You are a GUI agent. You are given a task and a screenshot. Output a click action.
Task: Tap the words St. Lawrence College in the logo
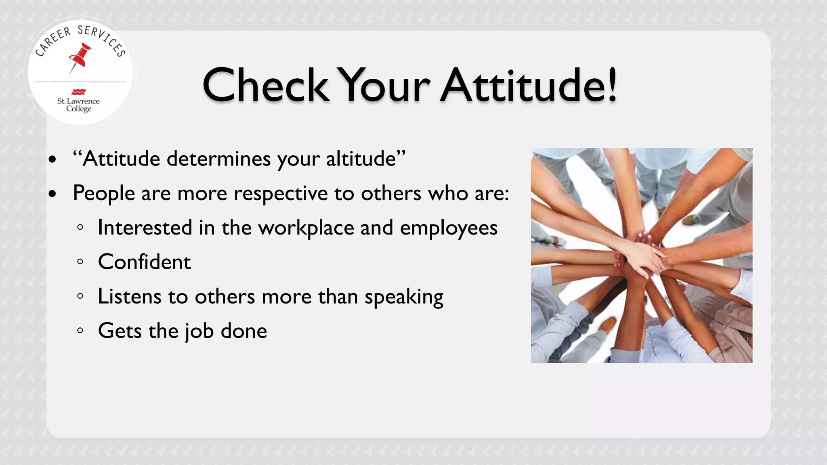coord(78,105)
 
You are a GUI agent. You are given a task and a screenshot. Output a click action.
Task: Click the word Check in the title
coord(266,86)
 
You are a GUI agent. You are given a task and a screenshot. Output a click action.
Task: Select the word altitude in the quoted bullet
coord(361,159)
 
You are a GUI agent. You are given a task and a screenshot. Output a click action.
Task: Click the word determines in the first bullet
coord(218,159)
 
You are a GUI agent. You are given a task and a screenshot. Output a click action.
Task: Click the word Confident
coord(144,262)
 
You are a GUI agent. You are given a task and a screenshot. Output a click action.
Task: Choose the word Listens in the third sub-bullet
coord(130,297)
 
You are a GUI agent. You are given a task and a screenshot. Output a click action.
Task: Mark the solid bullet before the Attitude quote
coord(52,159)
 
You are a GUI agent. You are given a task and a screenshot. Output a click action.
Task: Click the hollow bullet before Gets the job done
coord(80,331)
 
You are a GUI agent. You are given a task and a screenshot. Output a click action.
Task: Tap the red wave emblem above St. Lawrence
coord(78,92)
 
